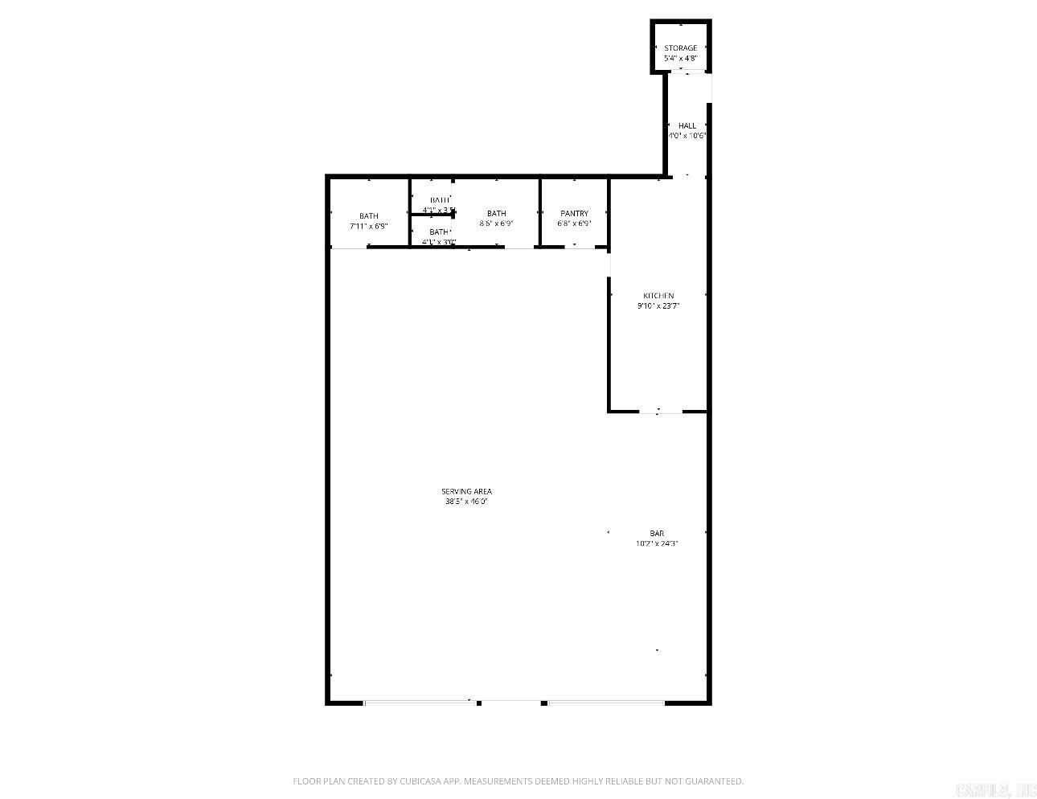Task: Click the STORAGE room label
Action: [x=680, y=48]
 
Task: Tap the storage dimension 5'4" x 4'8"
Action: [x=680, y=59]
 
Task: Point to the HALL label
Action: [x=687, y=125]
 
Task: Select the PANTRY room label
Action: [x=575, y=213]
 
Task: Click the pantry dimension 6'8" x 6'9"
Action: [x=575, y=223]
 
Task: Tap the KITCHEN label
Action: [x=658, y=295]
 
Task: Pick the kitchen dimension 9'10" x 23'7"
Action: [x=658, y=305]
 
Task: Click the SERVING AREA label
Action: [x=466, y=491]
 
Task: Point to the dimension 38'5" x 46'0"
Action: [x=466, y=502]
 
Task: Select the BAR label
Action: [x=657, y=533]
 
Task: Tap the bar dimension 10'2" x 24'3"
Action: [x=657, y=543]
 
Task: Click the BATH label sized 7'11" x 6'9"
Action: [x=369, y=215]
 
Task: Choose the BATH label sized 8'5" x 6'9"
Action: [x=496, y=213]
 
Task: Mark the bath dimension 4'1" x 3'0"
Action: [x=439, y=242]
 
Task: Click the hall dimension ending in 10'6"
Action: [x=687, y=136]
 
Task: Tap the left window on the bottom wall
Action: [x=419, y=703]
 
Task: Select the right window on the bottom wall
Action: [x=606, y=703]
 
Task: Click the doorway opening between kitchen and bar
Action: [x=660, y=412]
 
